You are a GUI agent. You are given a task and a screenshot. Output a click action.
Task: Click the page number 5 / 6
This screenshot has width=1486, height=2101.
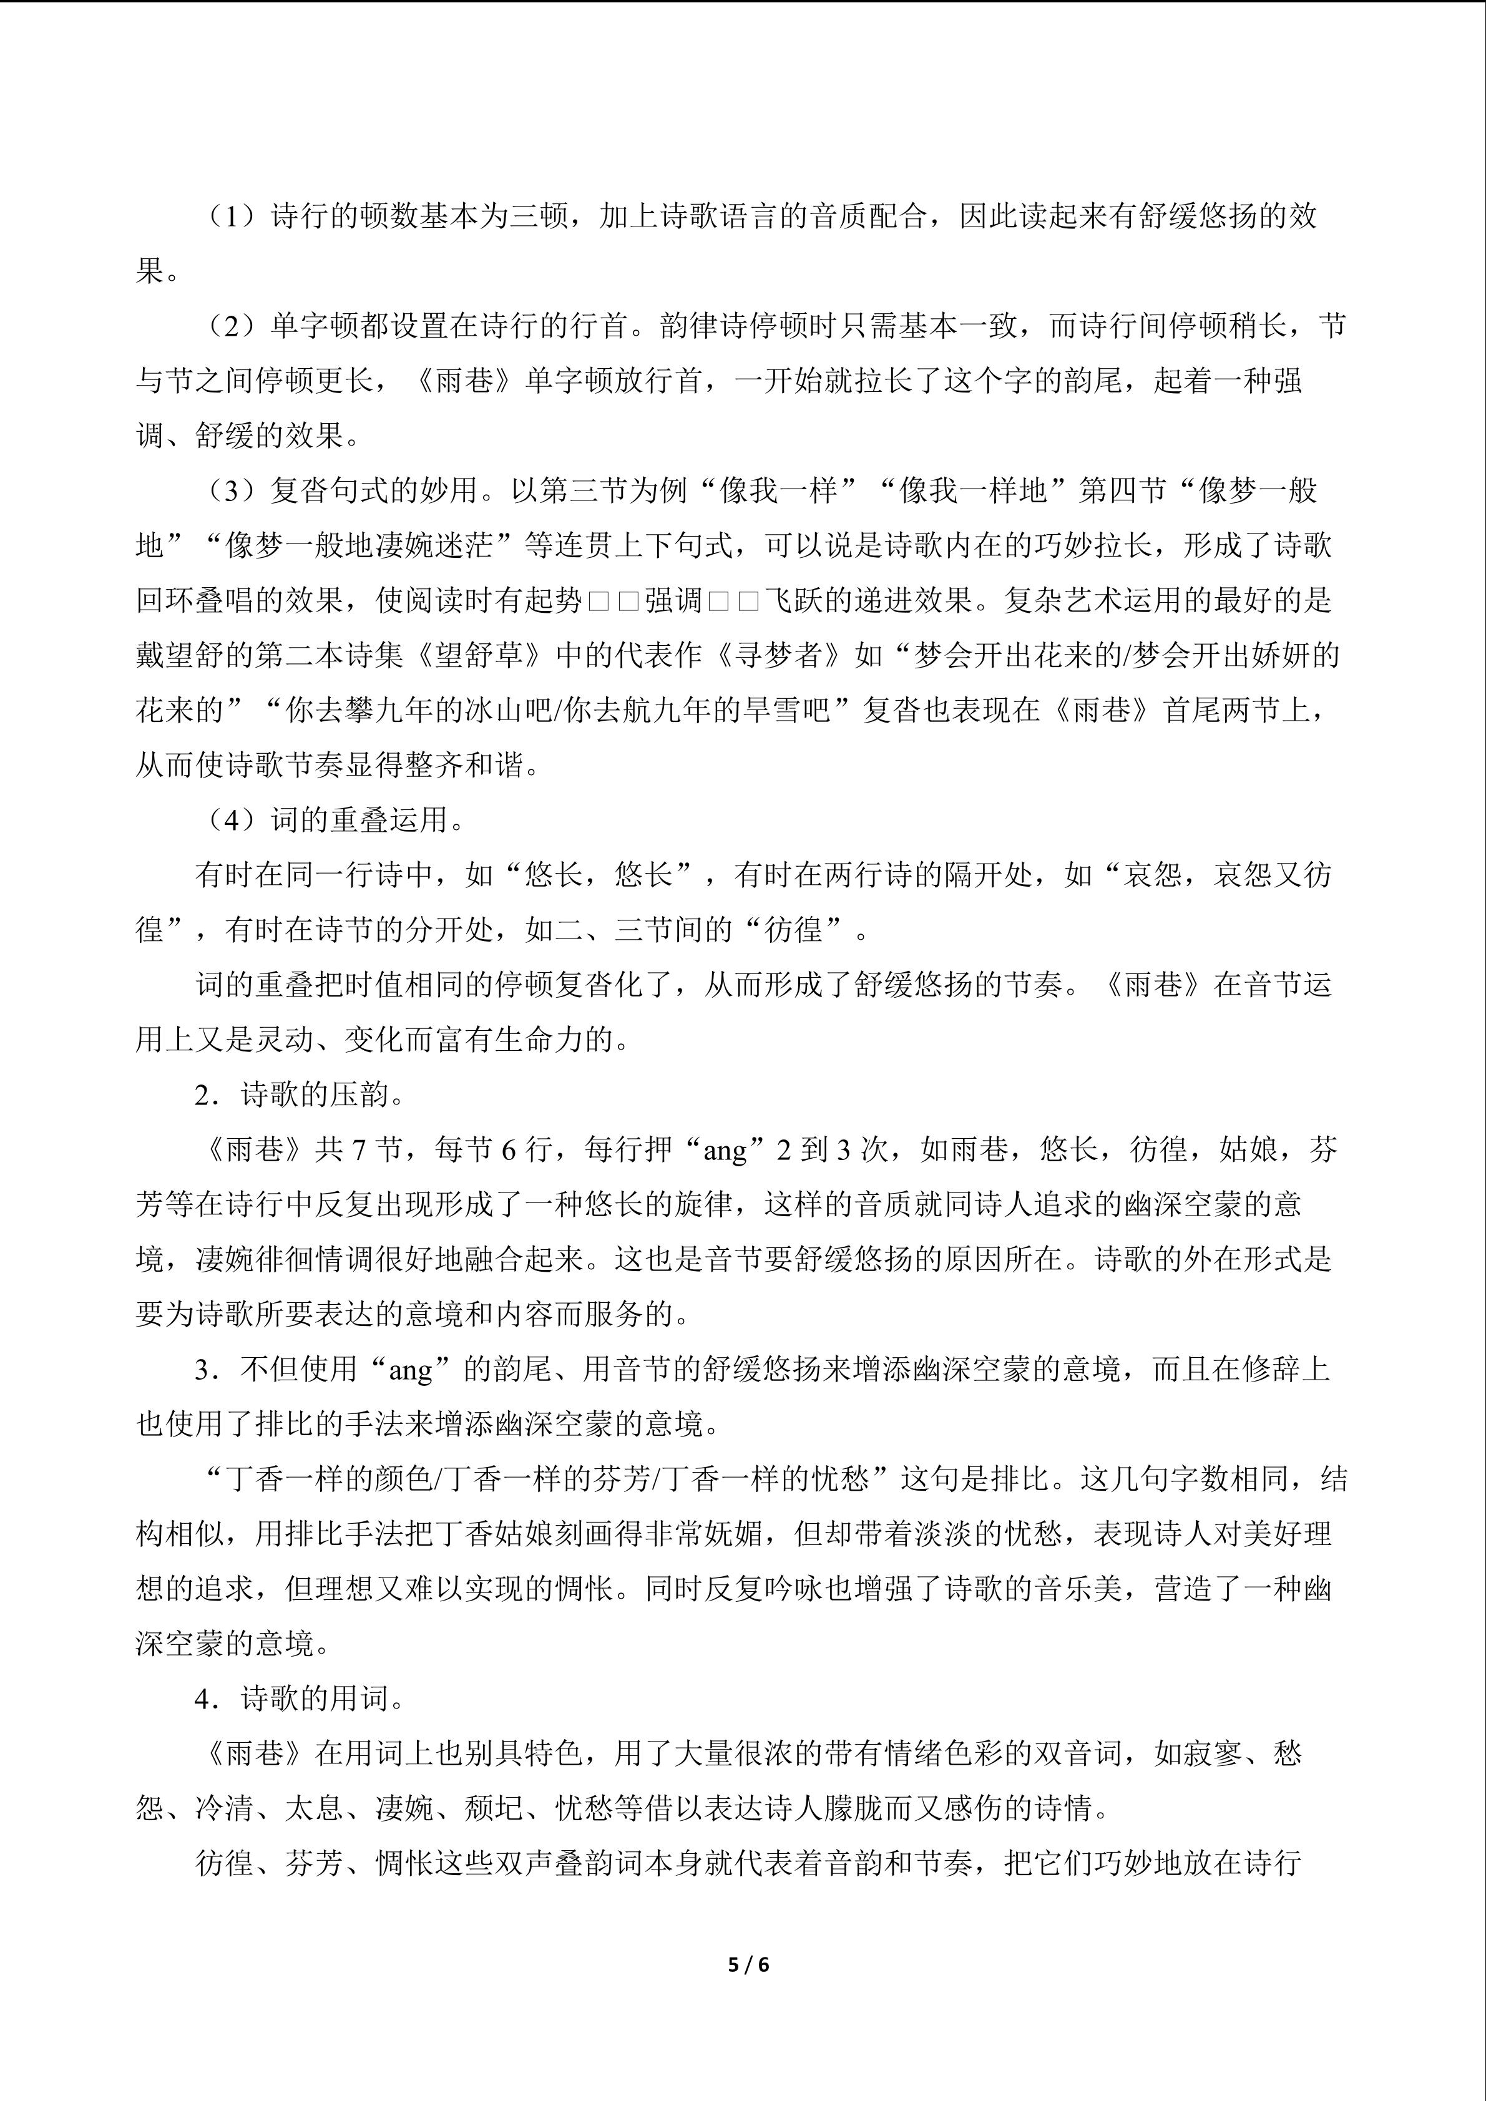click(748, 1964)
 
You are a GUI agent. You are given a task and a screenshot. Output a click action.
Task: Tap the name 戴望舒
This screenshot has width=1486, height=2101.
click(180, 656)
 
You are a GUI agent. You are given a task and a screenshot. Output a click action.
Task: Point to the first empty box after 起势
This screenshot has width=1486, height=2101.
click(599, 601)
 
